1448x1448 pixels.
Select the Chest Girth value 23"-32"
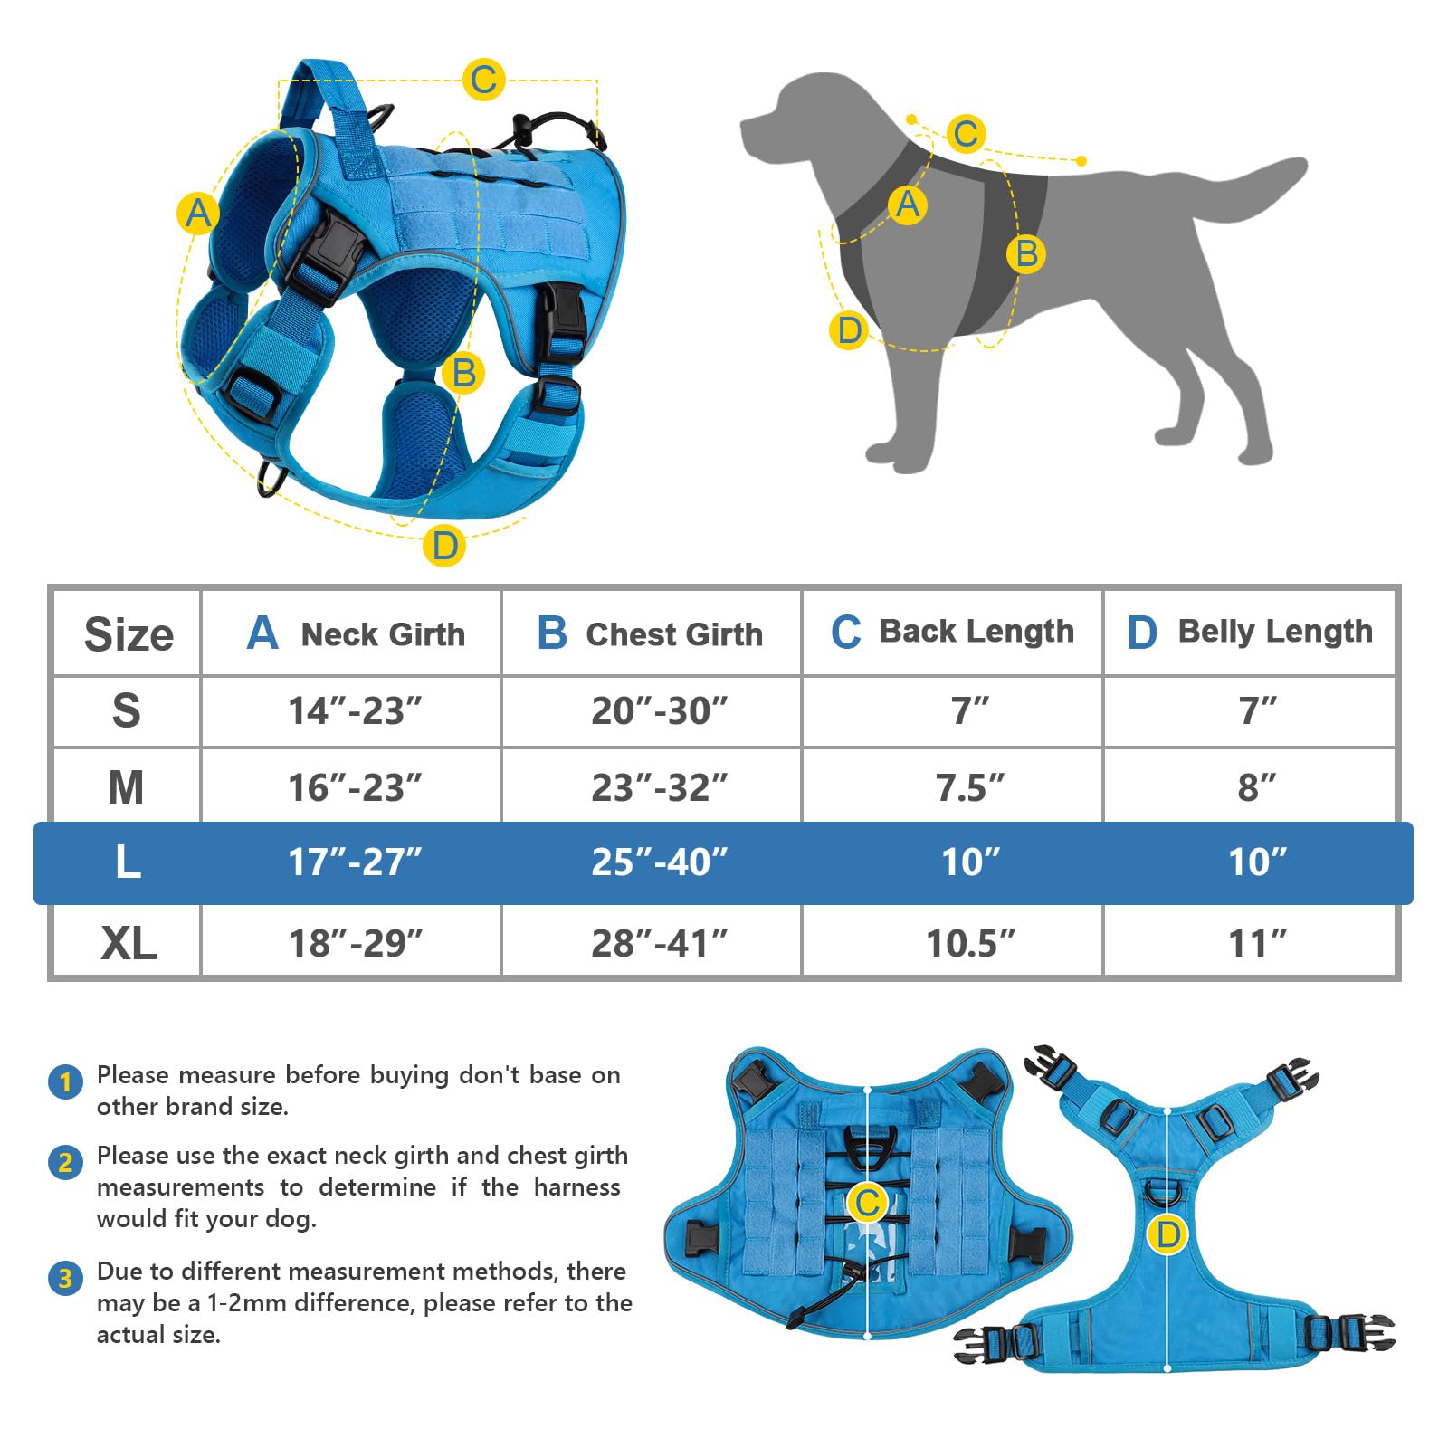659,787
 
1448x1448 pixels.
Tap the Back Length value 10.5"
970,943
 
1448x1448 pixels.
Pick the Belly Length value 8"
1257,787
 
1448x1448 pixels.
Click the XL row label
129,943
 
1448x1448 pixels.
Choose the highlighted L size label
129,862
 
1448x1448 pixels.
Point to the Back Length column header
953,632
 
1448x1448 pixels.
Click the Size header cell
129,633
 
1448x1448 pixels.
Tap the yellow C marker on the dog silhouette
966,134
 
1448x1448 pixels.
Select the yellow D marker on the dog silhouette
849,330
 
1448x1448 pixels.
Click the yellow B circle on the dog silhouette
1026,253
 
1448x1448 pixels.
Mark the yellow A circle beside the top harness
197,214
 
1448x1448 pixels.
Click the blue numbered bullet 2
65,1161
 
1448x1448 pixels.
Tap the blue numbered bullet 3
65,1278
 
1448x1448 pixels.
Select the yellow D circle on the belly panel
1167,1234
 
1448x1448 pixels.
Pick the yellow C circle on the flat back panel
867,1203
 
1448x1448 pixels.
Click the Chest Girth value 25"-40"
659,862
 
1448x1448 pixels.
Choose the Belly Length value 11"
1257,943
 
